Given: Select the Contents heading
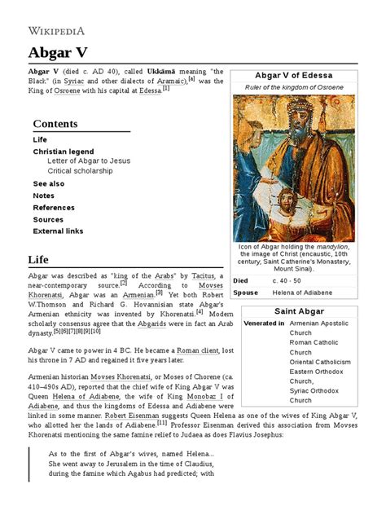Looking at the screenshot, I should click(x=55, y=124).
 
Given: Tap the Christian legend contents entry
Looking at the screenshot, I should click(x=70, y=151).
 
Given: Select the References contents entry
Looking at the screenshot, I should click(x=54, y=208).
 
